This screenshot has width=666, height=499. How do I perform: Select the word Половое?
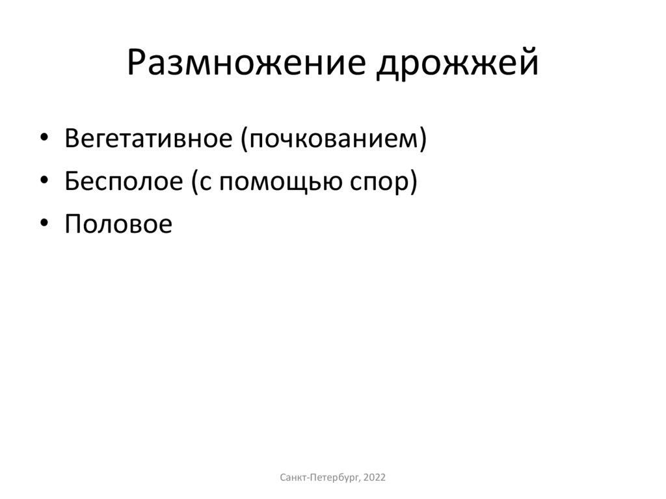pyautogui.click(x=118, y=224)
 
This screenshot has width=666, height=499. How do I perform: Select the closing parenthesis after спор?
pyautogui.click(x=412, y=182)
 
